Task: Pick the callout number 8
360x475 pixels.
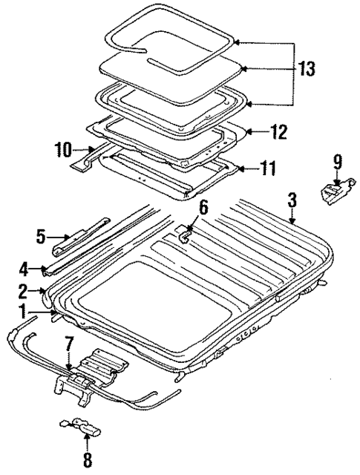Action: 88,459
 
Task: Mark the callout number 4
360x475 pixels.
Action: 24,267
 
